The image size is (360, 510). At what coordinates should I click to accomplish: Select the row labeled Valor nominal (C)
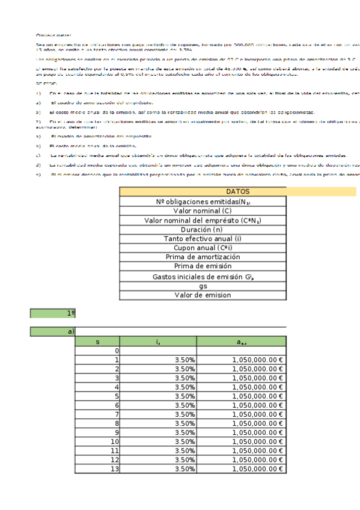(203, 211)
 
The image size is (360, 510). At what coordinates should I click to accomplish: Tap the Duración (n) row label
(203, 229)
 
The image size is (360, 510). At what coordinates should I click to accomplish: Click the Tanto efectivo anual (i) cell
(203, 239)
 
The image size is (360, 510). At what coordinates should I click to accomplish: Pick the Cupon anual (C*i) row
(203, 248)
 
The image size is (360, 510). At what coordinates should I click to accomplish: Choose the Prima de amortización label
(203, 257)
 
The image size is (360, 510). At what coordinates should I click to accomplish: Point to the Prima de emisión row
(203, 266)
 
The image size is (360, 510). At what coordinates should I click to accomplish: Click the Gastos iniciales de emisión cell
(203, 276)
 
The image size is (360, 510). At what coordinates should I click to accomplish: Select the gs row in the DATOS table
(203, 286)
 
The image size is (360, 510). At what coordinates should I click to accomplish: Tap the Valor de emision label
(203, 295)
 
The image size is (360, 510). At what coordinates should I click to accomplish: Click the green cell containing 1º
(53, 313)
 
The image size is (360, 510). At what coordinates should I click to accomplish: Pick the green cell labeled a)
(53, 331)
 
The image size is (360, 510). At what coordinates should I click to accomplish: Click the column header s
(97, 342)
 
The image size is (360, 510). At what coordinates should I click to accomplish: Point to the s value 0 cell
(97, 351)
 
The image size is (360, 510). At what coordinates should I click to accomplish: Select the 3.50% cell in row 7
(159, 414)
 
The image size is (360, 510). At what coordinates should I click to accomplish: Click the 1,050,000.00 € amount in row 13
(241, 469)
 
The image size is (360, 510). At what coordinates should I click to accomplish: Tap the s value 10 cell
(97, 441)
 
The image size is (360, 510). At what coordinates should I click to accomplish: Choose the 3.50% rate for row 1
(159, 360)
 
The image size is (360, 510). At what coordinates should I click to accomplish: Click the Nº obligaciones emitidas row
(203, 202)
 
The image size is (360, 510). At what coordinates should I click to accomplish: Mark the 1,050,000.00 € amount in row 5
(241, 396)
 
